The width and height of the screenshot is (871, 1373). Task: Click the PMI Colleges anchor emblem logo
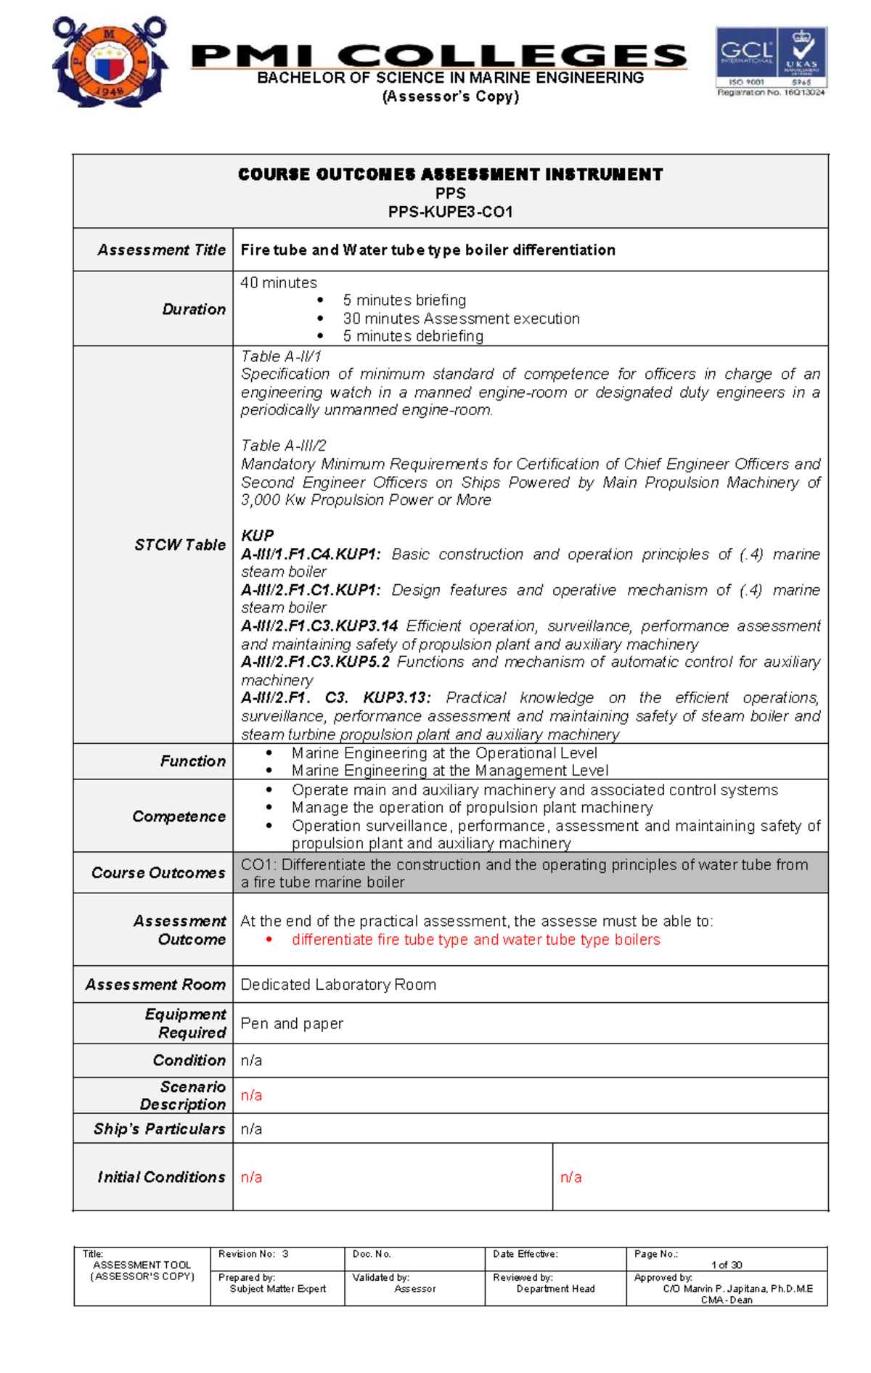[x=110, y=62]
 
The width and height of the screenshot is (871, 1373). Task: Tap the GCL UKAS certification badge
[x=771, y=61]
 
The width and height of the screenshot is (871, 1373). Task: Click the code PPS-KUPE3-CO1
[x=450, y=212]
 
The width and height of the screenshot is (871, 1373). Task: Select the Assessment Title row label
[x=161, y=250]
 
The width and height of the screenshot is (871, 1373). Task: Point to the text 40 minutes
[x=279, y=282]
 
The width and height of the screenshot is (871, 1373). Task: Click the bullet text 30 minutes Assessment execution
[x=461, y=319]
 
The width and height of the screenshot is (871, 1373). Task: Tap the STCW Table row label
[x=179, y=545]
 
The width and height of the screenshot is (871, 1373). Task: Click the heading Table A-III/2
[x=283, y=446]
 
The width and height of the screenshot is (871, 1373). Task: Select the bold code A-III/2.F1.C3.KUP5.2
[x=315, y=662]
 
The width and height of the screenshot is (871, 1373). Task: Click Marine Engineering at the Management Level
[x=449, y=771]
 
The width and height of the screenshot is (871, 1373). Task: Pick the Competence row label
[x=179, y=816]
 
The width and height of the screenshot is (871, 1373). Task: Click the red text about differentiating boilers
[x=475, y=940]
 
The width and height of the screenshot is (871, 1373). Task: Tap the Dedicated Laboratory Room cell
[x=338, y=985]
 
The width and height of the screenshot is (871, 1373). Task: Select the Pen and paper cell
[x=292, y=1023]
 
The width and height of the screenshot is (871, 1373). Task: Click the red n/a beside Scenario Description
[x=251, y=1095]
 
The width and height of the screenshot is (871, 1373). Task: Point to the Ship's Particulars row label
[x=159, y=1129]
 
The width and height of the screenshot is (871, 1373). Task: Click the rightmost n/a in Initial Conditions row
[x=571, y=1177]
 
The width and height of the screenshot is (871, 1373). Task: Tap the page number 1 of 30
[x=727, y=1265]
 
